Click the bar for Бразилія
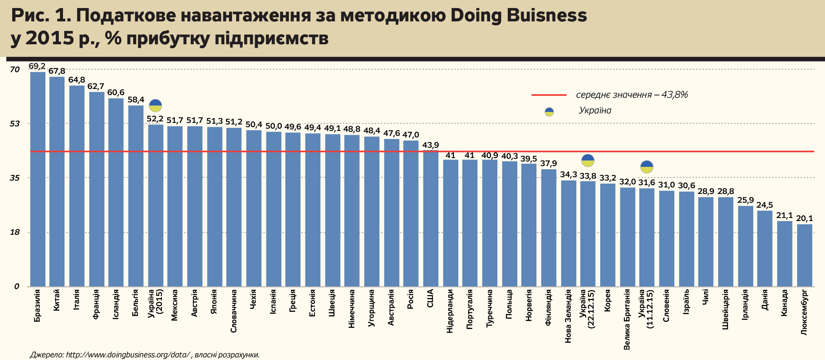[38, 179]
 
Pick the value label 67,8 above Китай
[57, 71]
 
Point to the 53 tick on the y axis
[15, 124]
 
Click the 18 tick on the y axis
[15, 232]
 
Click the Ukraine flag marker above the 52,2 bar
[155, 105]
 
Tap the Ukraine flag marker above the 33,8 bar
[588, 160]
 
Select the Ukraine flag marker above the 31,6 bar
[647, 167]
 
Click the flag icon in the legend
[549, 111]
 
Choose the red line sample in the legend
[549, 95]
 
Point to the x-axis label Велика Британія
[626, 319]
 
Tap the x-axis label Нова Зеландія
[568, 316]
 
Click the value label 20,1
[804, 219]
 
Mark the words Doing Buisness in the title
[518, 15]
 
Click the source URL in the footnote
[128, 355]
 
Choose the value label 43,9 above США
[431, 145]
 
